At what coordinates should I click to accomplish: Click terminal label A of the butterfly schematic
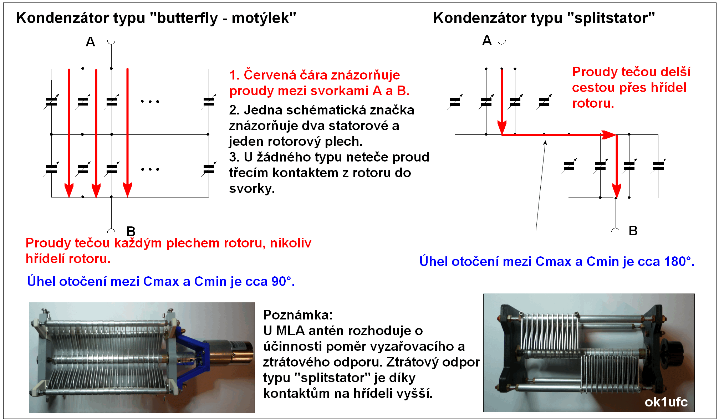tap(90, 42)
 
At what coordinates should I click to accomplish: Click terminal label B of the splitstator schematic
tap(633, 231)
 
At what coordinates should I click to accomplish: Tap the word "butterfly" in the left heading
tap(187, 18)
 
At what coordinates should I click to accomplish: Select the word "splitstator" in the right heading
tap(611, 18)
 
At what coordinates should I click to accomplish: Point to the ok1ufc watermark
tap(666, 402)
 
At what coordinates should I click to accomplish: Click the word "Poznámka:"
tap(298, 315)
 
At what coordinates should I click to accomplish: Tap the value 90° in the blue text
tap(281, 281)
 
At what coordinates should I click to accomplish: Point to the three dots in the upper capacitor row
tap(150, 102)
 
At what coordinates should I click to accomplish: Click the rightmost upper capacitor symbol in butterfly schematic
tap(209, 102)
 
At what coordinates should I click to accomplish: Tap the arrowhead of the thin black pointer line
tap(545, 143)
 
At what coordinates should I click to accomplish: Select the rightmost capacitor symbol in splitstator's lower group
tap(658, 166)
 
